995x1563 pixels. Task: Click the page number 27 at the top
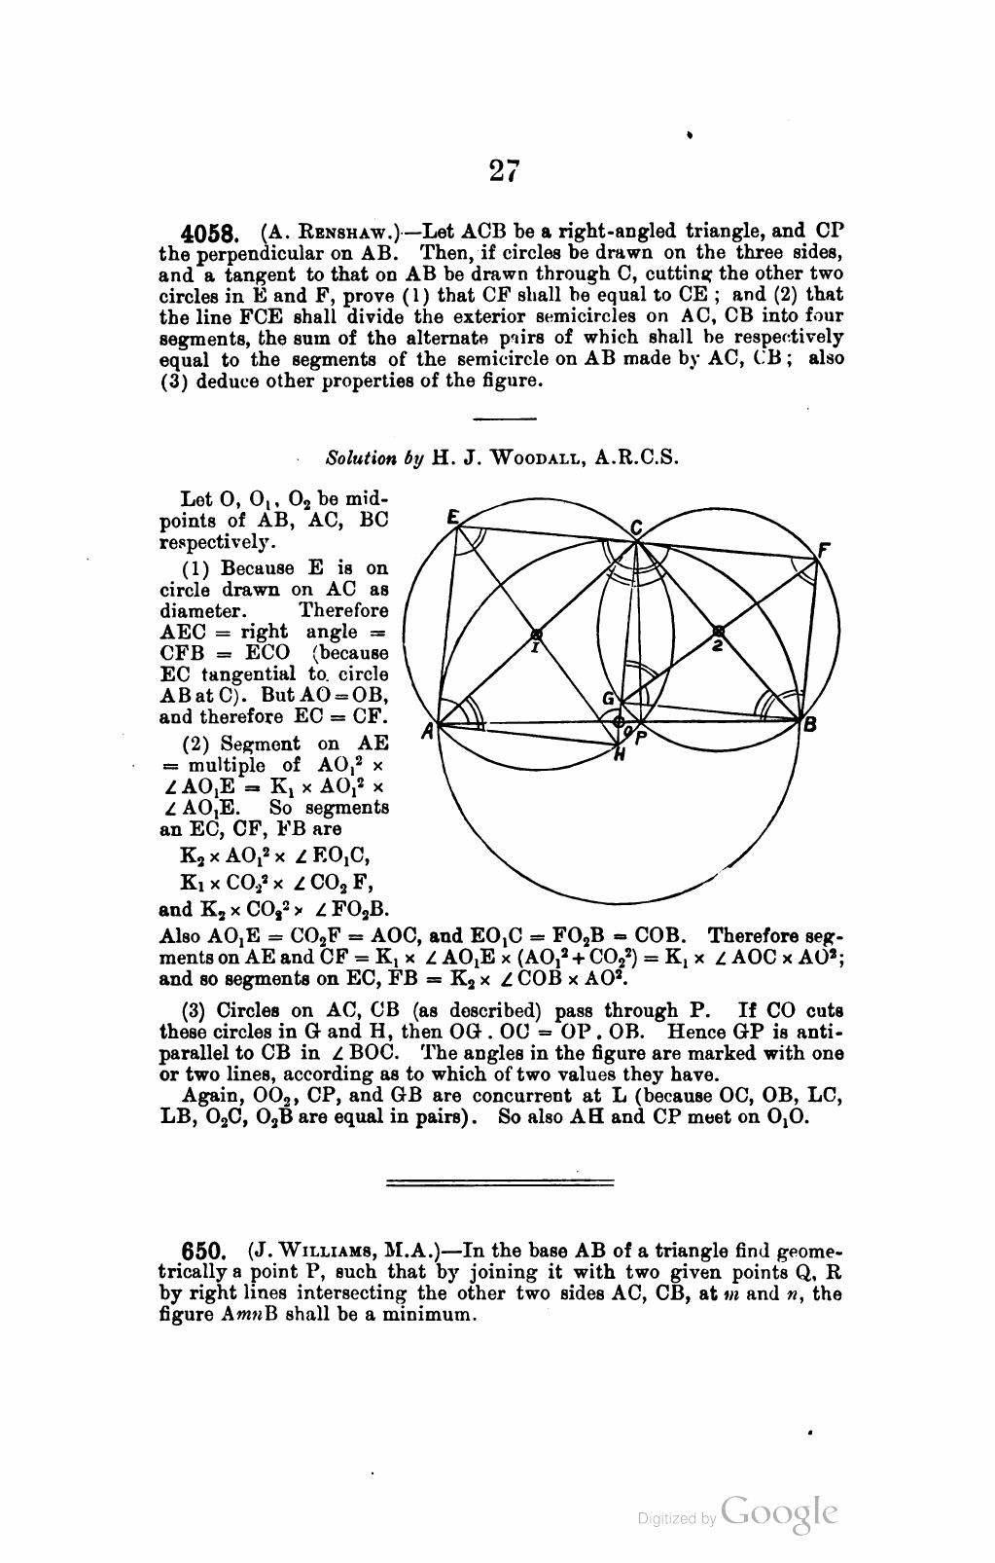coord(505,171)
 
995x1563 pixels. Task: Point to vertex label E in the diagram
coord(451,519)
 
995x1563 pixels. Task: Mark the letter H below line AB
coord(619,753)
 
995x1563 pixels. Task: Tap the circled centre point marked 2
coord(718,632)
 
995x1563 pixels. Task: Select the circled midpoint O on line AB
coord(618,721)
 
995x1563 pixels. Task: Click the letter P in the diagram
coord(640,737)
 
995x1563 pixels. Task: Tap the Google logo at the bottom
coord(780,1513)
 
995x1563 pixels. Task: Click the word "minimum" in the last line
coord(435,1315)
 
